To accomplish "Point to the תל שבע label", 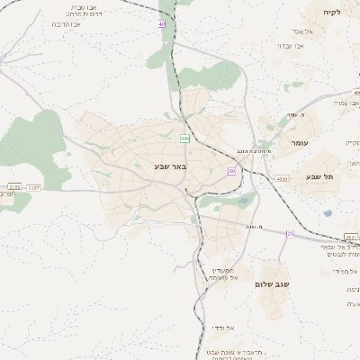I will click(x=319, y=176).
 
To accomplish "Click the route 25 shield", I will click(x=290, y=234).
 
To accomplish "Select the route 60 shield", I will click(x=231, y=171).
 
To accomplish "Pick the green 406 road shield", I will click(x=184, y=138).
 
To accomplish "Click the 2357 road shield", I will click(x=34, y=187).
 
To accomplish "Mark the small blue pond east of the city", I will click(x=327, y=213).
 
